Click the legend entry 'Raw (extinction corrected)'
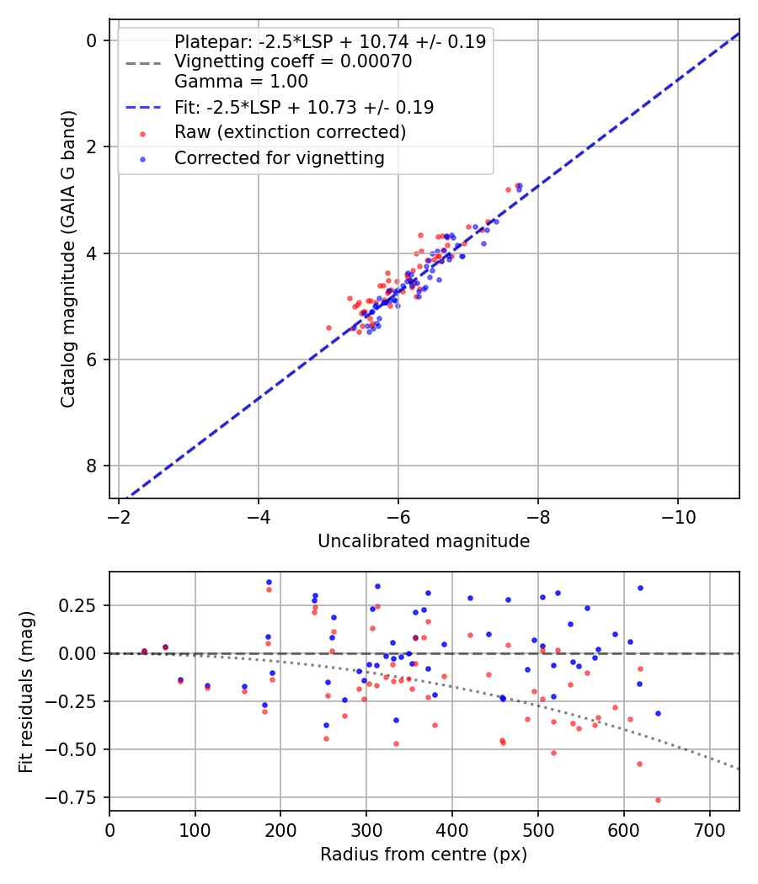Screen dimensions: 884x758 coord(290,132)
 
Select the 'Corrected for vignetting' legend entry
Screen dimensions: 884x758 coord(279,158)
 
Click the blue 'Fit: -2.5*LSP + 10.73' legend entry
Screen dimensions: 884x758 coord(304,107)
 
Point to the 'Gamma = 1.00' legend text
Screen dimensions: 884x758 coord(241,82)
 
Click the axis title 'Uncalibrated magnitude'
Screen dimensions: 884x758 coord(424,541)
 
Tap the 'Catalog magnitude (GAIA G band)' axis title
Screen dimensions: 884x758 coord(68,259)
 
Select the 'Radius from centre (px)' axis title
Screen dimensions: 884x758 coord(424,855)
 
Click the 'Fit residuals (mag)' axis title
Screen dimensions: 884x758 coord(26,691)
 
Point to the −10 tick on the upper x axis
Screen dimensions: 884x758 coord(678,515)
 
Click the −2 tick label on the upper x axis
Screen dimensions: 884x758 coord(119,515)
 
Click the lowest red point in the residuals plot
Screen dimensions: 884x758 coord(658,800)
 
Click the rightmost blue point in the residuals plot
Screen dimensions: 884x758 coord(658,713)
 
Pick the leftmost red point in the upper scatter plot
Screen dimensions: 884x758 coord(329,328)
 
